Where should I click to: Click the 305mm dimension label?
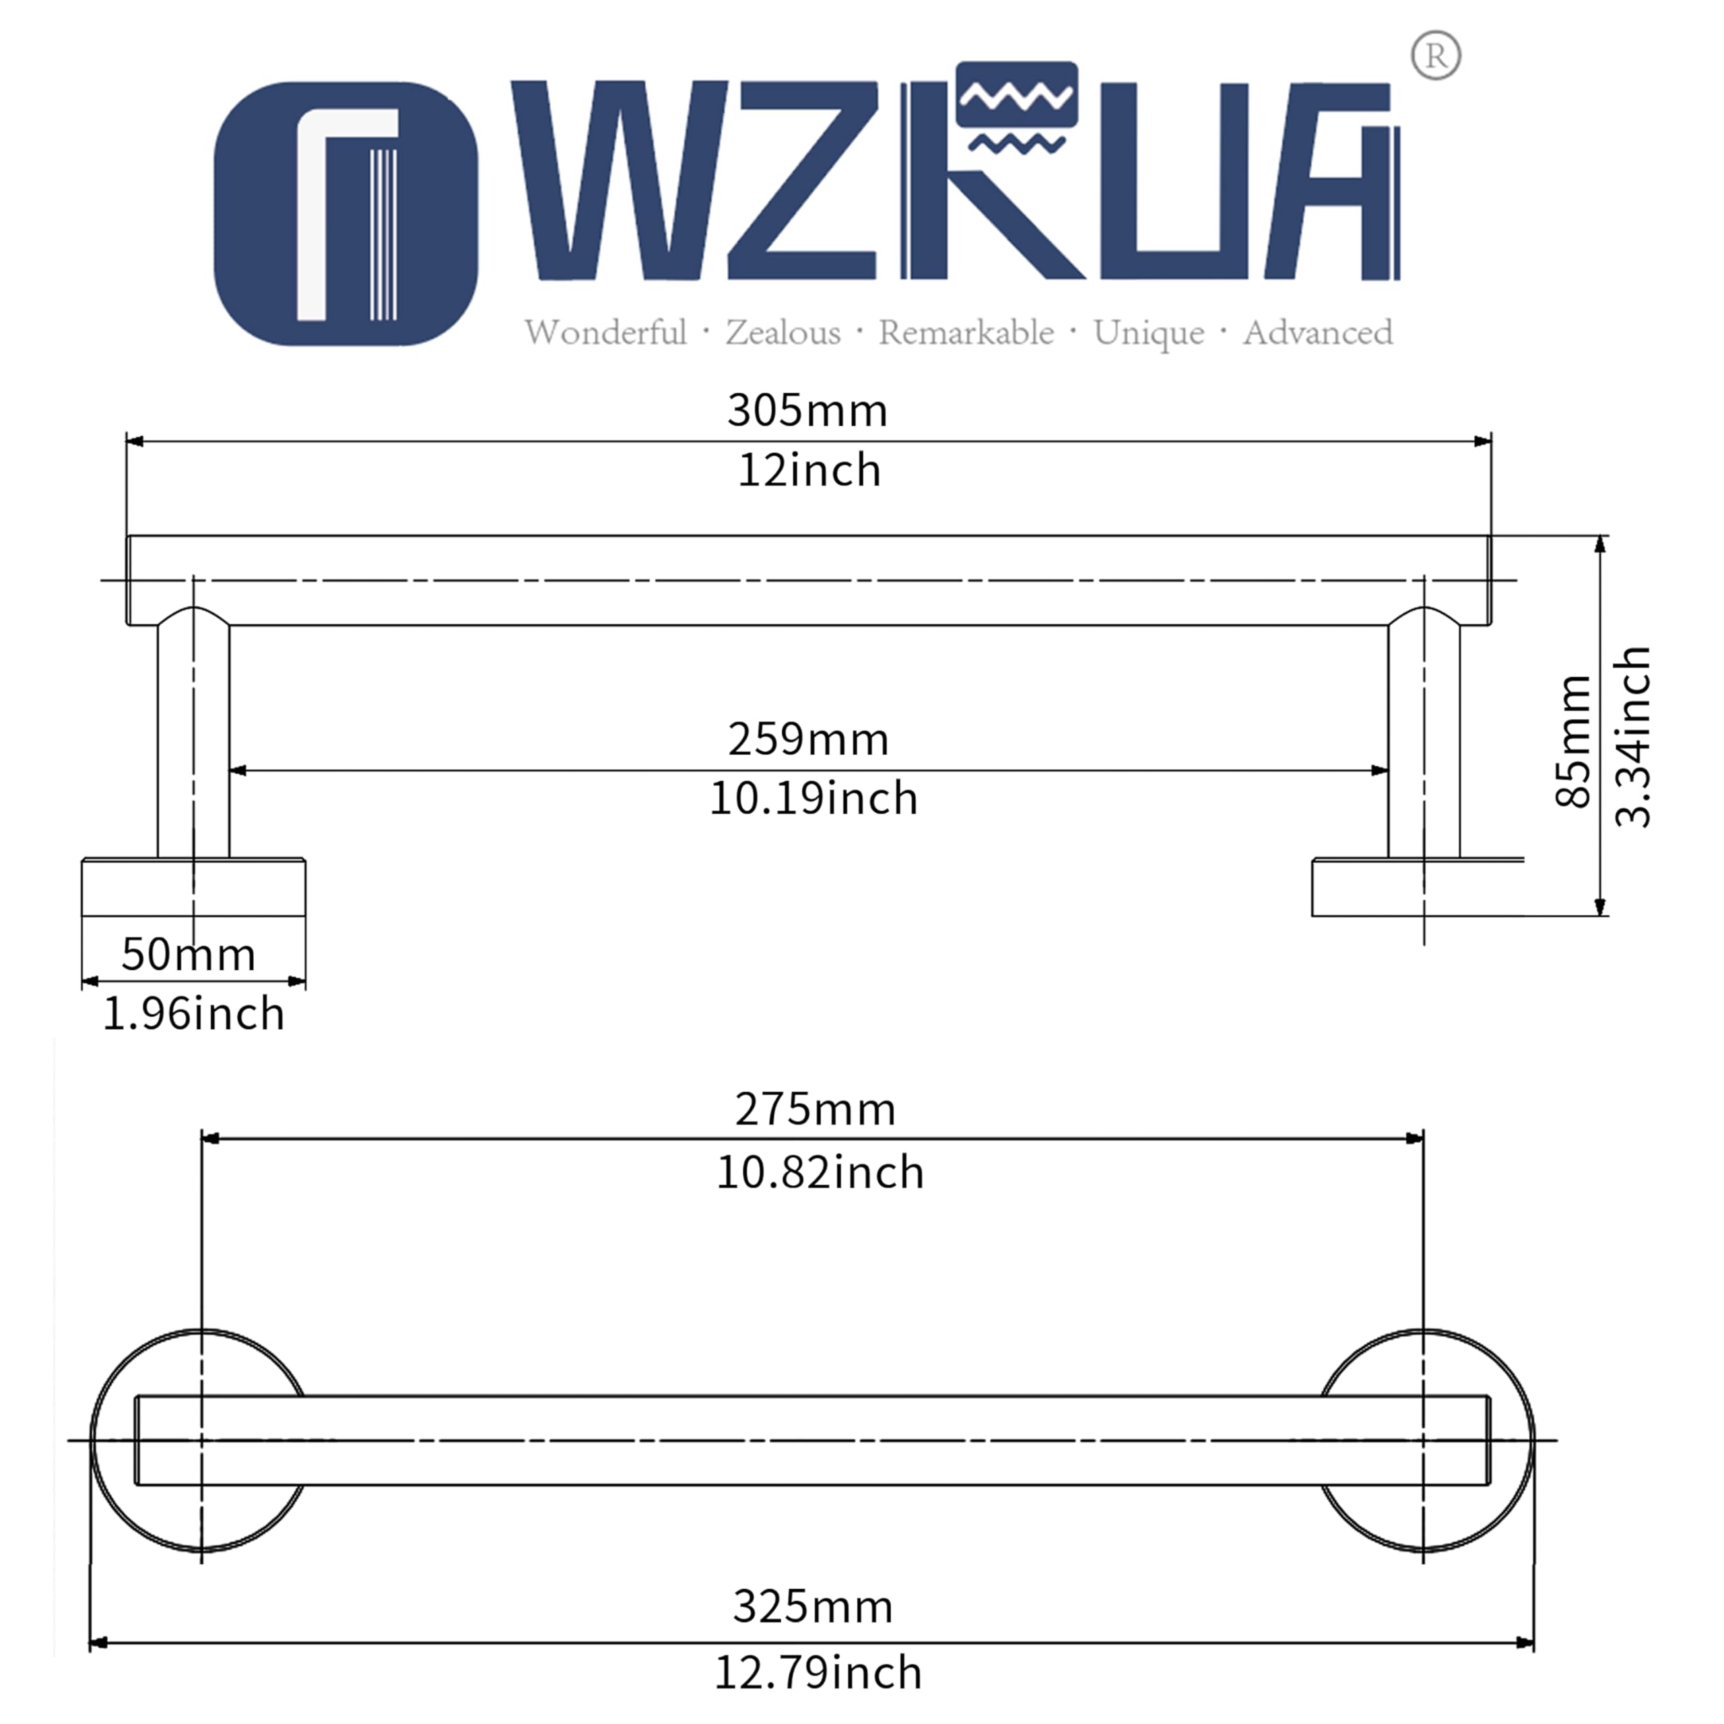pos(807,411)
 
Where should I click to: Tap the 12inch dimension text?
pos(809,469)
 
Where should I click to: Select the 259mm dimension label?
pos(808,739)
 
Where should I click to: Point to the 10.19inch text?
pos(813,798)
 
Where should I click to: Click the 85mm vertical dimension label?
pos(1573,741)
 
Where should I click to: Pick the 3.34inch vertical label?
pos(1633,737)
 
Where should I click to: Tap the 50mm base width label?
pos(189,954)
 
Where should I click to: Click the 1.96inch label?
pos(194,1014)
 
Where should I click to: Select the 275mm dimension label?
pos(816,1109)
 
